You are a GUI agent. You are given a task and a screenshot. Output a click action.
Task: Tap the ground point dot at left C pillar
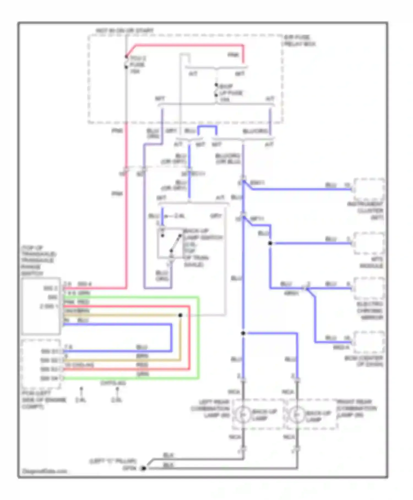pos(143,468)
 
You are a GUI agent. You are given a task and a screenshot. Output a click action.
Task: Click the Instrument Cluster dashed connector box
pos(369,189)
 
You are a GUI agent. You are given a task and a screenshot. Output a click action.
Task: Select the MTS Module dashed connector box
pos(369,243)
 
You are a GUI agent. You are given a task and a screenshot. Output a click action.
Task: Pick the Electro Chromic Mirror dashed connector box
pos(369,288)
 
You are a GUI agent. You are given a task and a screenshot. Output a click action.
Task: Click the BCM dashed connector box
pos(369,342)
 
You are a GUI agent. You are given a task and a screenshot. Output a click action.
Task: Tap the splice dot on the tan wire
pos(180,315)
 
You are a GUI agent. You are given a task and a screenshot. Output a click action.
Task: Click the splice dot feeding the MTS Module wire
pos(270,243)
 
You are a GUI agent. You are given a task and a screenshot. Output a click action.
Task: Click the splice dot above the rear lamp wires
pos(243,333)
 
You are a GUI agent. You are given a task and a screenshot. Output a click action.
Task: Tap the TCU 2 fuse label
pos(137,65)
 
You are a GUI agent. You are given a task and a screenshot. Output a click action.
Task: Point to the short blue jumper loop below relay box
pos(207,127)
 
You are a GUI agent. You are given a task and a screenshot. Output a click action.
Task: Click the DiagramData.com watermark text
pos(44,471)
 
